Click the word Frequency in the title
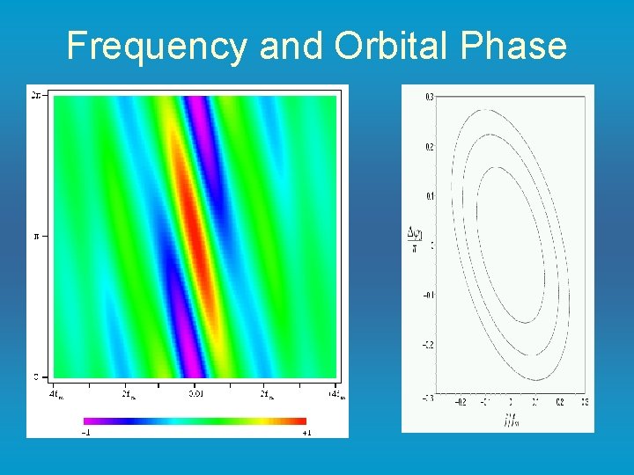click(157, 45)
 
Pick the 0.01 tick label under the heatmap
click(195, 394)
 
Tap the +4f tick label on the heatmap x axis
click(335, 394)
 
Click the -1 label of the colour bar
click(87, 432)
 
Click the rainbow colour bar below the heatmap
click(195, 420)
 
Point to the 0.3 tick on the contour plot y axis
click(429, 97)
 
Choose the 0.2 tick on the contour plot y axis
click(429, 147)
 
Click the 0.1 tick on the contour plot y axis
click(429, 196)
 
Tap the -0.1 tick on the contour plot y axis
click(427, 296)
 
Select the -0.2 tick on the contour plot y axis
click(427, 345)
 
